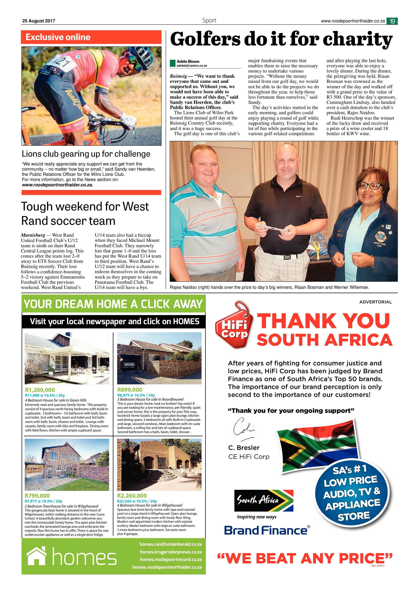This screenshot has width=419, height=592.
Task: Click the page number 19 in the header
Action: [x=392, y=21]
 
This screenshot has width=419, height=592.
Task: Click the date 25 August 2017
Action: [x=39, y=21]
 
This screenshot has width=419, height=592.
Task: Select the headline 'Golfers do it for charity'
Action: [x=281, y=39]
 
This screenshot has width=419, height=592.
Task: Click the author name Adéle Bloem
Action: [x=188, y=61]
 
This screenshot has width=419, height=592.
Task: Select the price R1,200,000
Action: [x=40, y=390]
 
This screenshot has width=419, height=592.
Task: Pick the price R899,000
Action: [x=130, y=390]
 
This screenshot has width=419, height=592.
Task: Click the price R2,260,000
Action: [x=132, y=496]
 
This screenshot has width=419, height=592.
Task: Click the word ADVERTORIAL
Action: [x=375, y=302]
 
